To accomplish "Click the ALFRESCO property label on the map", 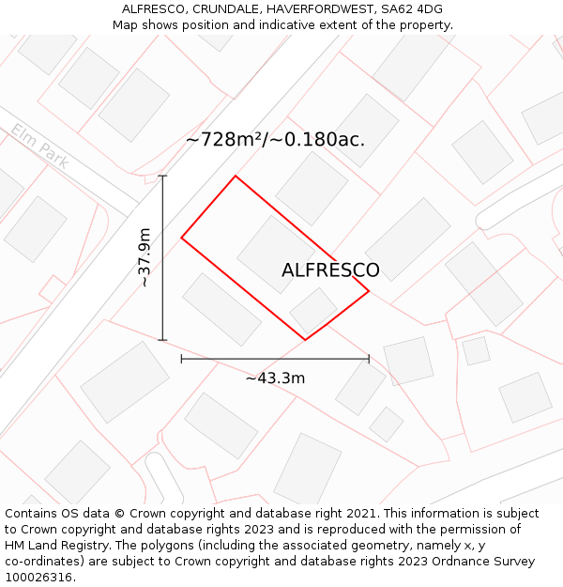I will coord(330,270).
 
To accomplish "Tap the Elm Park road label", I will coord(40,147).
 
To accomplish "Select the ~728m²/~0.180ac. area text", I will coord(275,140).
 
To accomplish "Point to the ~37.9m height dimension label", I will coord(144,257).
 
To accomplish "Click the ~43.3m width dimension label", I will coord(275,378).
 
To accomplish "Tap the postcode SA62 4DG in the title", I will coord(411,8).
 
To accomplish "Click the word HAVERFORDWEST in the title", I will coord(318,8).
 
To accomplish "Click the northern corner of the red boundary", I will coord(236,176).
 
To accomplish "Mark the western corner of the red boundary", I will coord(181,237).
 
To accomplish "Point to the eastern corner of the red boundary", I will coord(369,291).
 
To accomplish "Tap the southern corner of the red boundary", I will coord(306,340).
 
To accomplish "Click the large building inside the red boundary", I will coord(276,255).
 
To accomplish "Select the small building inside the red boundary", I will coord(313,311).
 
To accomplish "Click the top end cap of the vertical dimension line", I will coord(162,176).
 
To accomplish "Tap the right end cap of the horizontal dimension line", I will coord(369,359).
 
